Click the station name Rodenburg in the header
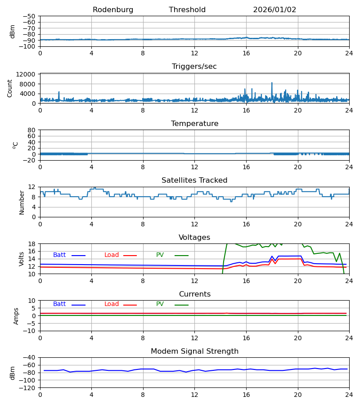(x=113, y=10)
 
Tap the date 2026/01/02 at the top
(x=274, y=10)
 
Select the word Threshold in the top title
(x=187, y=10)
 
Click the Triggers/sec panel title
(x=194, y=67)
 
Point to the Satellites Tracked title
(x=194, y=180)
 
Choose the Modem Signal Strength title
(x=194, y=351)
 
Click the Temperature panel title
(x=194, y=124)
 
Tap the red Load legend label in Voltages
(x=112, y=255)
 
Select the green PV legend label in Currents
(x=160, y=304)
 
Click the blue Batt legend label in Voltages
(x=59, y=255)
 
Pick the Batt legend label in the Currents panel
(x=59, y=304)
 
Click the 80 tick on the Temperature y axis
(x=32, y=130)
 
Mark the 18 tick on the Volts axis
(x=32, y=244)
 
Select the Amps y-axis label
(x=17, y=316)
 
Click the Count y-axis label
(x=10, y=88)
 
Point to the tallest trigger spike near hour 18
(x=272, y=83)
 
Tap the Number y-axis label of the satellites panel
(x=22, y=202)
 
